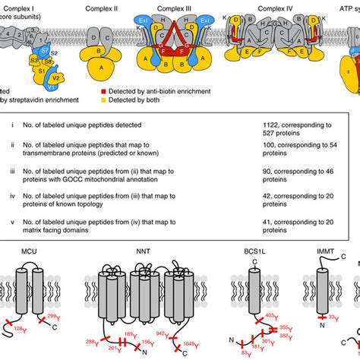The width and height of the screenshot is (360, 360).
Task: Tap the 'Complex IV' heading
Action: pyautogui.click(x=277, y=6)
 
